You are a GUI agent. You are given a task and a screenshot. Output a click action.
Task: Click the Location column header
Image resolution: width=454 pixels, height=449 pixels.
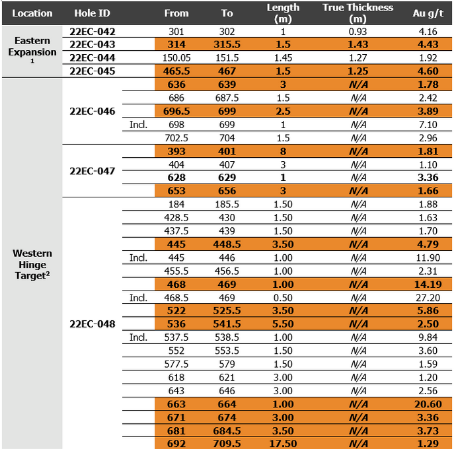click(x=32, y=13)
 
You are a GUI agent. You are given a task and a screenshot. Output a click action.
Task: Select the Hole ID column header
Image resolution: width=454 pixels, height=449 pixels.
click(x=92, y=13)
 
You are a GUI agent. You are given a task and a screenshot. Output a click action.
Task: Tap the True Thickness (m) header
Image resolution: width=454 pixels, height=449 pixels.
click(x=358, y=13)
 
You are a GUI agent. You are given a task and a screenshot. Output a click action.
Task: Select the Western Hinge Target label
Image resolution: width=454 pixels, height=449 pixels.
click(x=32, y=264)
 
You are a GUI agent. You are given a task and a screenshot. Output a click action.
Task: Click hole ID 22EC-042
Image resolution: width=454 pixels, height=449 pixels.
click(x=93, y=32)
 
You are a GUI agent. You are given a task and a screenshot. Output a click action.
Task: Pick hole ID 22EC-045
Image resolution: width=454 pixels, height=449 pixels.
click(x=93, y=71)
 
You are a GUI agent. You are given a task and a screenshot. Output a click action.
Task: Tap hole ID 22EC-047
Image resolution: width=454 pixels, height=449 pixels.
click(x=93, y=171)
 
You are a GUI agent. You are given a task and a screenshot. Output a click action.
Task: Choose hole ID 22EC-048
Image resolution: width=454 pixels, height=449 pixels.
click(x=93, y=324)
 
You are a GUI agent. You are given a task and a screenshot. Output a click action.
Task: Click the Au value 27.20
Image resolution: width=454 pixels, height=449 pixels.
click(x=428, y=298)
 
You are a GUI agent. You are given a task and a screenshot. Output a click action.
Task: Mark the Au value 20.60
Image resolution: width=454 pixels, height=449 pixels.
click(x=428, y=404)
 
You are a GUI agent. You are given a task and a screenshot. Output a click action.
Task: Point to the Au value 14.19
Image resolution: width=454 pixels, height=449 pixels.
click(x=428, y=284)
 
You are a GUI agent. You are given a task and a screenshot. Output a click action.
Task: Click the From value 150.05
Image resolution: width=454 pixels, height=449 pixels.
click(x=176, y=58)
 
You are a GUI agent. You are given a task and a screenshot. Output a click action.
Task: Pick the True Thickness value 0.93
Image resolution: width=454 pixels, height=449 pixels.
click(x=358, y=32)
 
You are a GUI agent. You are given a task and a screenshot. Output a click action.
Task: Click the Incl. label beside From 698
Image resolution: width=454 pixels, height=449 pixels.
click(x=139, y=125)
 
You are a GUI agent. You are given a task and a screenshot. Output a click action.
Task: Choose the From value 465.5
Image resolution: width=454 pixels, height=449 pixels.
click(x=176, y=71)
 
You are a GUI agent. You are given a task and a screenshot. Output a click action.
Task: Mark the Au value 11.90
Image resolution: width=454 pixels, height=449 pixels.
click(x=428, y=258)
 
